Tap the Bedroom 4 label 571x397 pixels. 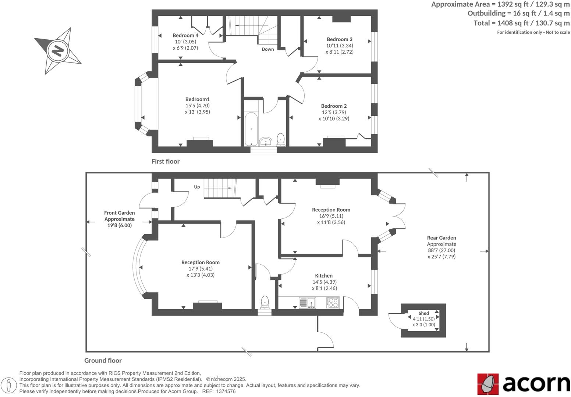point(185,35)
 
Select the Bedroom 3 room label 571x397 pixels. point(339,39)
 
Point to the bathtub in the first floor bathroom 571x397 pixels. point(251,129)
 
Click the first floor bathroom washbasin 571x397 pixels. point(266,142)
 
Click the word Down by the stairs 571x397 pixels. point(267,49)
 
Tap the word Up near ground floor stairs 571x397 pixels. point(197,187)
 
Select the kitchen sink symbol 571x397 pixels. point(307,303)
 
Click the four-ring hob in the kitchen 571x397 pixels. point(333,303)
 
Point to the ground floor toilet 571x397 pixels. point(265,302)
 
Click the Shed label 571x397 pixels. point(423,313)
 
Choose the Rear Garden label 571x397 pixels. point(441,238)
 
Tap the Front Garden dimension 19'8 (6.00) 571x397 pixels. point(119,225)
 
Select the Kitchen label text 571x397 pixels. point(324,276)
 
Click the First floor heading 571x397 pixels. point(166,161)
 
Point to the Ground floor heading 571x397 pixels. point(103,361)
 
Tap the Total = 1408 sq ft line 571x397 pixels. point(521,23)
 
